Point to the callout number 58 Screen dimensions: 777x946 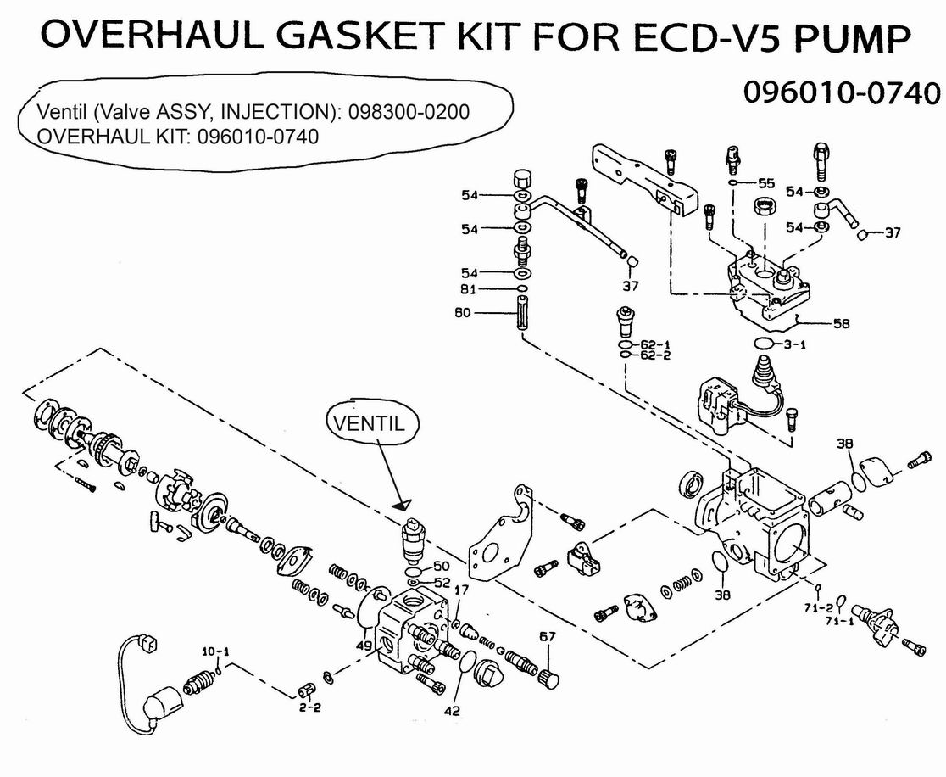[841, 323]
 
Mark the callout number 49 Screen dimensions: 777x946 [364, 647]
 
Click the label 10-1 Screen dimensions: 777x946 [214, 651]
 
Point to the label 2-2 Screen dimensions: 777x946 [309, 706]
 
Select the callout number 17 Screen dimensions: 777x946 [462, 590]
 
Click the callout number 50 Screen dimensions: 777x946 [442, 566]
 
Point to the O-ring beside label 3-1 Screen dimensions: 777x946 [765, 344]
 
